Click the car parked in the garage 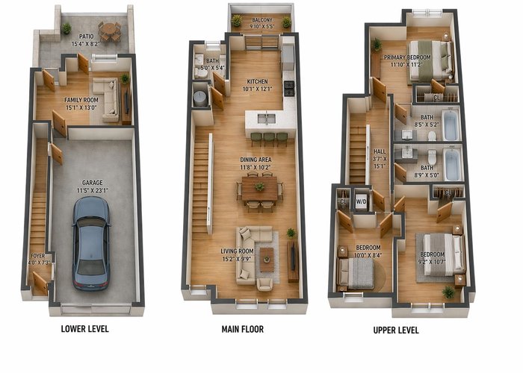click(x=91, y=243)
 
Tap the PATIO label click(x=87, y=37)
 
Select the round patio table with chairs click(x=110, y=31)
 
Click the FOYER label click(x=37, y=256)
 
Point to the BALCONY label click(x=262, y=20)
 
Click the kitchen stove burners click(x=289, y=88)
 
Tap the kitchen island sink click(x=266, y=119)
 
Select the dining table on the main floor click(x=259, y=189)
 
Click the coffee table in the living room click(x=267, y=260)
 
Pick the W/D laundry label click(x=361, y=201)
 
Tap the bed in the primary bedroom click(x=430, y=60)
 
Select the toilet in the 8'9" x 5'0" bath click(x=432, y=157)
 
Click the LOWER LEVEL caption click(x=84, y=329)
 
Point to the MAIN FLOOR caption click(x=243, y=330)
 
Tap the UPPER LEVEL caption click(x=396, y=330)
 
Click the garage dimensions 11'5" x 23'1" click(x=93, y=190)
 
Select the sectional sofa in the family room click(x=108, y=99)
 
